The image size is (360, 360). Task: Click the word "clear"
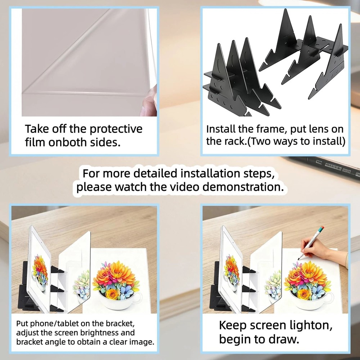[x=118, y=342]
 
